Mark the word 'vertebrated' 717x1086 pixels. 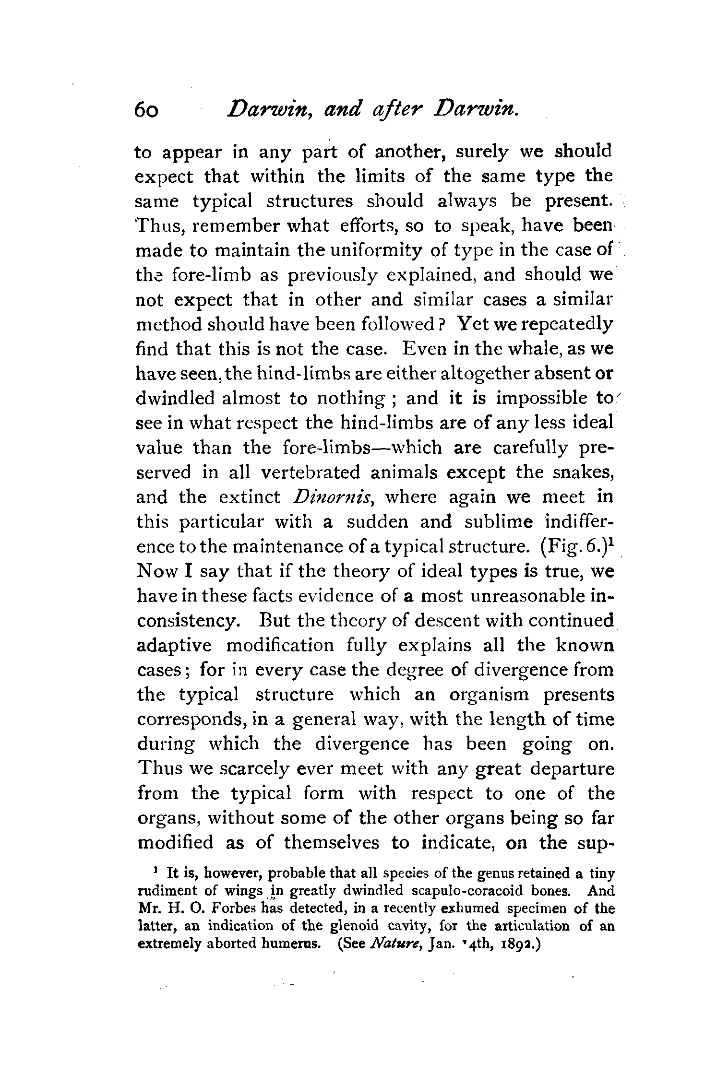[310, 472]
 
